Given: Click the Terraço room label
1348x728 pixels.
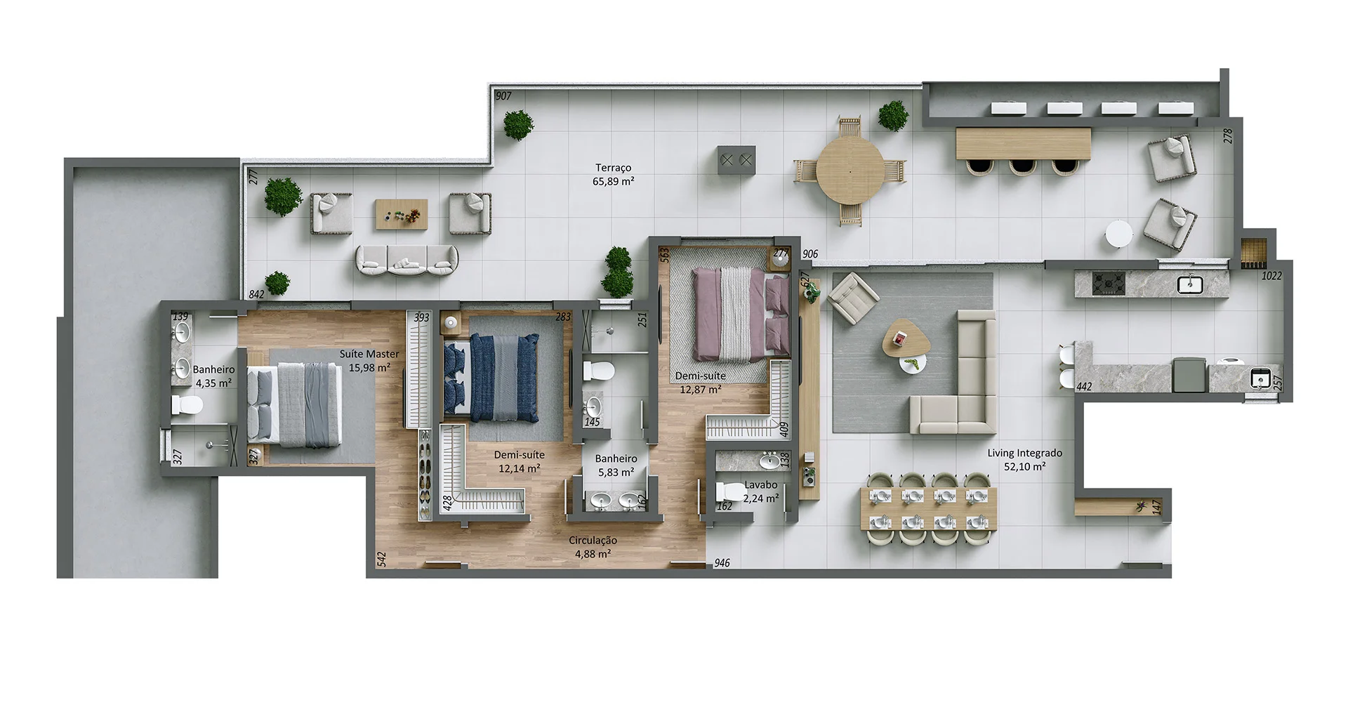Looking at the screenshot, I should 613,168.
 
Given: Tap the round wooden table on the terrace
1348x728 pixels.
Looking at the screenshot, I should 850,171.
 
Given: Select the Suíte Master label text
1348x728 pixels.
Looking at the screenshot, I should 369,354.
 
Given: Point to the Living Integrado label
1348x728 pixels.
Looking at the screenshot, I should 1024,453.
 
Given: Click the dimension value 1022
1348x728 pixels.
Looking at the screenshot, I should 1271,276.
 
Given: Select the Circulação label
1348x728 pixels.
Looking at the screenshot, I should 593,540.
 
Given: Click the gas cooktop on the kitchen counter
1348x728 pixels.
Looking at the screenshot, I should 1109,284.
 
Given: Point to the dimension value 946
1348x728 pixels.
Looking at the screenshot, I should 722,563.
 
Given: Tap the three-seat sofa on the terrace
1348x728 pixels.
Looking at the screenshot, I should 407,260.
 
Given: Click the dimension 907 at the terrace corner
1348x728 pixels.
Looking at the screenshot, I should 503,96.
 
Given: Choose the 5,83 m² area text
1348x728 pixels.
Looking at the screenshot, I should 616,472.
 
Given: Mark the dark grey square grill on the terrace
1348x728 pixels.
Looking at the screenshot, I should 736,161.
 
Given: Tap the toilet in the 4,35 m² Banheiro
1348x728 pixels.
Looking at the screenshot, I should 188,405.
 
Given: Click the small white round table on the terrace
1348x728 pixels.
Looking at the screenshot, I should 1118,234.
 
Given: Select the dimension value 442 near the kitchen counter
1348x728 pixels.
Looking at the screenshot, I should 1084,387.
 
